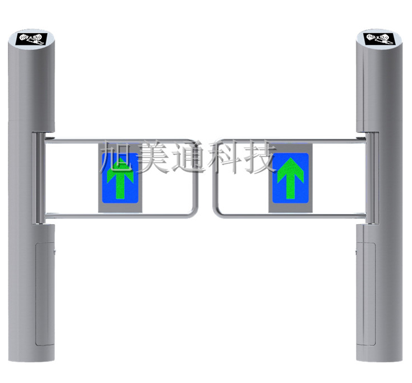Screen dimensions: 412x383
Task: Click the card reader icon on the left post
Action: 32,39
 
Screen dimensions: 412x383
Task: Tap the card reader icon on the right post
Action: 379,39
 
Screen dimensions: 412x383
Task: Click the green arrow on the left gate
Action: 120,178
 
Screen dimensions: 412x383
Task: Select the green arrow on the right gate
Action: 290,178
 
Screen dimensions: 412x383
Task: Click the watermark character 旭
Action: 117,157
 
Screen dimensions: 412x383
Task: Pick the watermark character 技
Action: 259,157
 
